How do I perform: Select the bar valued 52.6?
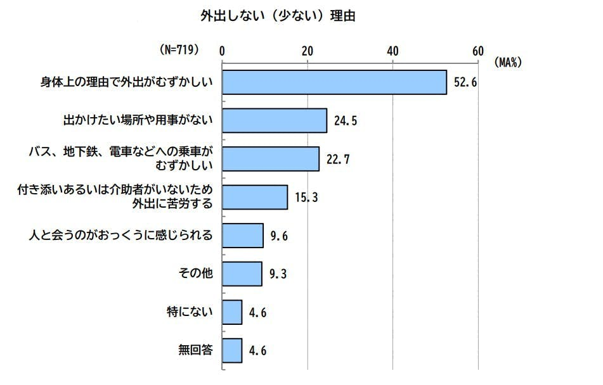[334, 82]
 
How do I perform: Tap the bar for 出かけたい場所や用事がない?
[275, 120]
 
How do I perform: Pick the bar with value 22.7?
[271, 158]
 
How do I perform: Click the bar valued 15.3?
[255, 197]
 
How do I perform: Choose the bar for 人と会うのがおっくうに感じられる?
[243, 236]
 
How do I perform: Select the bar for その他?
[242, 274]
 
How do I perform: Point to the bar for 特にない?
[232, 312]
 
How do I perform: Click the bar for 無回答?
[232, 350]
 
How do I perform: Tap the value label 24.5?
[346, 120]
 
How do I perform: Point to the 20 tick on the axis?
[308, 51]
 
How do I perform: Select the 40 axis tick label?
[392, 51]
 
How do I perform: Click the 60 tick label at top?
[477, 51]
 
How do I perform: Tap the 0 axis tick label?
[223, 51]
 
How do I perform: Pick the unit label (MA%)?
[507, 62]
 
